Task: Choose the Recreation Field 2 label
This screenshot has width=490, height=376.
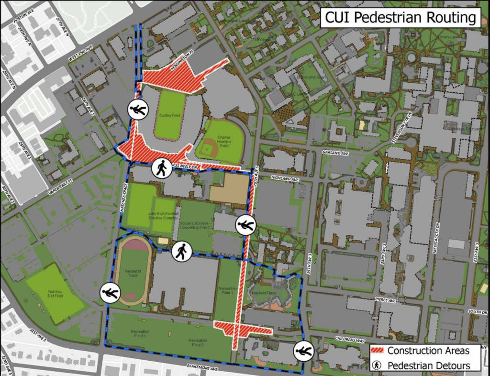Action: (x=197, y=342)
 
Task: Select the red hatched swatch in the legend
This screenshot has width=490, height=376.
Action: (x=378, y=350)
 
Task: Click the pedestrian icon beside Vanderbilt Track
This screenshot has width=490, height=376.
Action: (x=110, y=293)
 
